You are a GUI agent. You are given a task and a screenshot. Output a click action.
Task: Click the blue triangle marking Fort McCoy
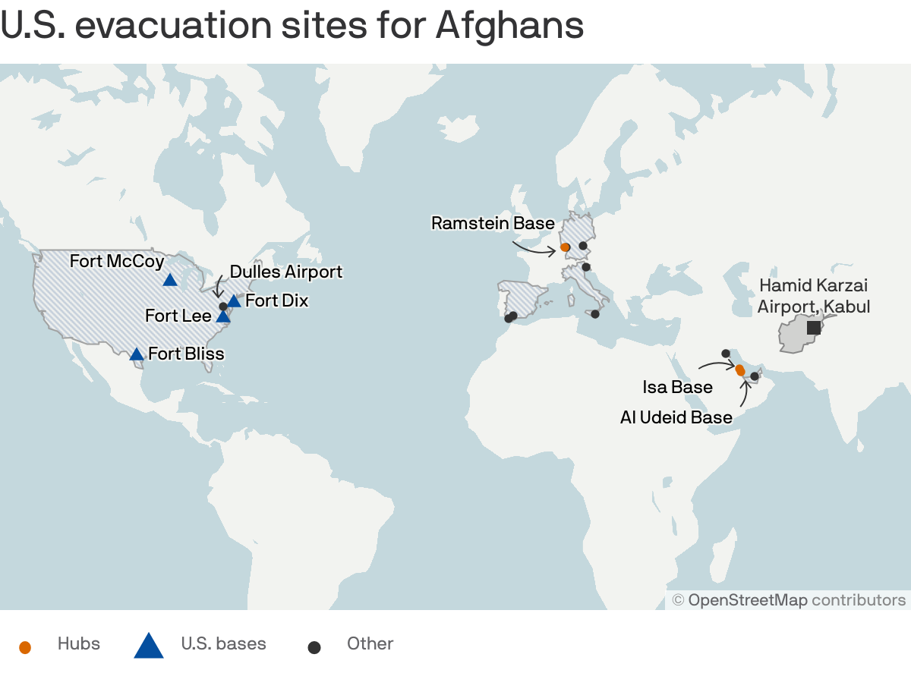170,280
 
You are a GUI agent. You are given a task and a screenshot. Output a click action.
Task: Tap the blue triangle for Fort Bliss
137,354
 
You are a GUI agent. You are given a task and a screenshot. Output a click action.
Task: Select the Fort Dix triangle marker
234,301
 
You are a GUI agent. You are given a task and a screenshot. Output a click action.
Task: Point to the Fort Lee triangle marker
223,316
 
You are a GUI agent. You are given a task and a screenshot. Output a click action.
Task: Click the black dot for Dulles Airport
223,307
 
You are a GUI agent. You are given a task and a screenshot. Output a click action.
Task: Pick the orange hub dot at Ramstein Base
565,247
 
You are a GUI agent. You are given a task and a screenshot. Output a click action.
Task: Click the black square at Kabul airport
813,327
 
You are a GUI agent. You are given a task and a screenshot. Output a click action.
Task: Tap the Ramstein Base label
493,223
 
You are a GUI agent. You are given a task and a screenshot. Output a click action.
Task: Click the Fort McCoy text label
117,261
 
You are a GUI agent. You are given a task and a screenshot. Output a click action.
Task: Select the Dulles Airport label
286,272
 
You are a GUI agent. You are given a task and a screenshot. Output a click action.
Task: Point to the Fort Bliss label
186,354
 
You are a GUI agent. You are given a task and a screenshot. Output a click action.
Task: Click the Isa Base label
678,387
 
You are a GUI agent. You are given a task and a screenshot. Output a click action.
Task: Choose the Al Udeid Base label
676,417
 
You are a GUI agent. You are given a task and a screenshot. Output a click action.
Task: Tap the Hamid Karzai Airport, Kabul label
813,296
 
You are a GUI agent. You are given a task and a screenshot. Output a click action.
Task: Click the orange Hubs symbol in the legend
25,647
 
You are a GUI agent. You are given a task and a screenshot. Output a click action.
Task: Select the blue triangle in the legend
149,646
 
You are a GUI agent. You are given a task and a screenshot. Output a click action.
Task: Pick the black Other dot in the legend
314,647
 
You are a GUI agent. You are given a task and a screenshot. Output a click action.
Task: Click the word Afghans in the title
509,26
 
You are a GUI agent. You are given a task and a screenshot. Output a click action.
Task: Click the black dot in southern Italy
595,314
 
